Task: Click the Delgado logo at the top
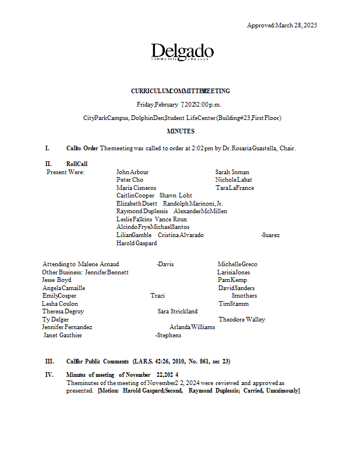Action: coord(182,53)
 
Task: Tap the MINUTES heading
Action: coord(181,132)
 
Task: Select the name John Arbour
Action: coord(132,172)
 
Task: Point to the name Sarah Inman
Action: coord(232,172)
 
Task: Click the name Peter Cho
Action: coord(129,180)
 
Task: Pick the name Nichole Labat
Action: coord(234,180)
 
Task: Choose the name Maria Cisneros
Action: coord(136,188)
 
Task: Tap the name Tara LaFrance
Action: coord(234,188)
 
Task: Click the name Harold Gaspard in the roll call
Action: coord(136,243)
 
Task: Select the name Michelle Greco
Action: coord(237,264)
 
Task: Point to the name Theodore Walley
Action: coord(242,320)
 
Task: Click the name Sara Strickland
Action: coord(177,312)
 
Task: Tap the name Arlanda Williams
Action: coord(192,327)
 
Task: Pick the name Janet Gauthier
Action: coord(63,336)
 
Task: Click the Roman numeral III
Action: coord(49,362)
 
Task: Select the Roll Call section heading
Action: coord(77,164)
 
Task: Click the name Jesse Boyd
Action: coord(57,280)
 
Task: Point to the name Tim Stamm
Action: coord(234,304)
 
